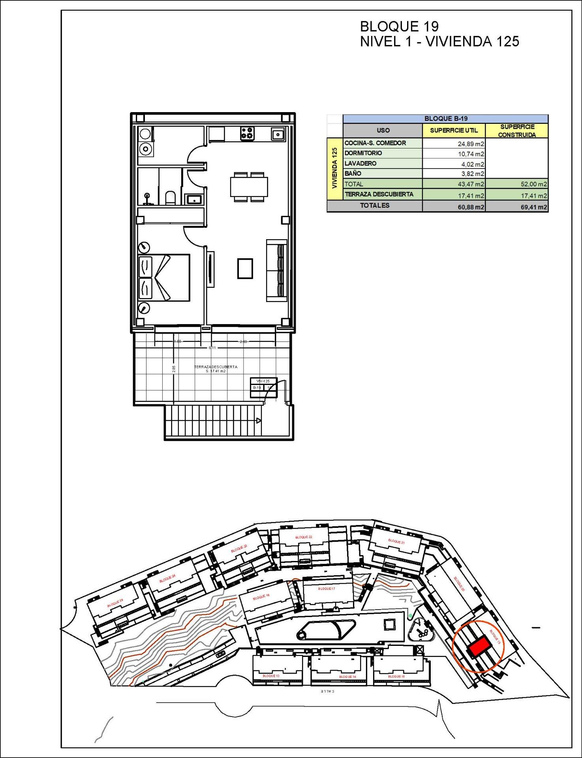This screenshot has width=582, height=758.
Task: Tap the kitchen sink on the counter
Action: pos(278,135)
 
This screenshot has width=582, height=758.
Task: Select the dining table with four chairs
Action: pos(249,187)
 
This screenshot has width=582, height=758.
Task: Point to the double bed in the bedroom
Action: pos(164,278)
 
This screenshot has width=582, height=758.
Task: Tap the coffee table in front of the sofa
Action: pos(245,268)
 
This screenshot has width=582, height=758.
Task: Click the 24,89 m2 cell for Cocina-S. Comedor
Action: pos(454,144)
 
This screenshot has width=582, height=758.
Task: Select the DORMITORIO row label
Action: pos(363,153)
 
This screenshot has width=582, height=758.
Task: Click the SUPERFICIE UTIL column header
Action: pos(454,130)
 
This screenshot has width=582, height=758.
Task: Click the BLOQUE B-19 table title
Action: pos(445,118)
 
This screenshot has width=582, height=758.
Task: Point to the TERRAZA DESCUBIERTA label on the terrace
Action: pos(216,367)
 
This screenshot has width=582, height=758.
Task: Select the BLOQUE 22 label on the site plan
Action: pos(304,537)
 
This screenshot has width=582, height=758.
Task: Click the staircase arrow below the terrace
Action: pos(258,420)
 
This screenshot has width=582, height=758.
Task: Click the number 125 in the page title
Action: pos(508,41)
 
